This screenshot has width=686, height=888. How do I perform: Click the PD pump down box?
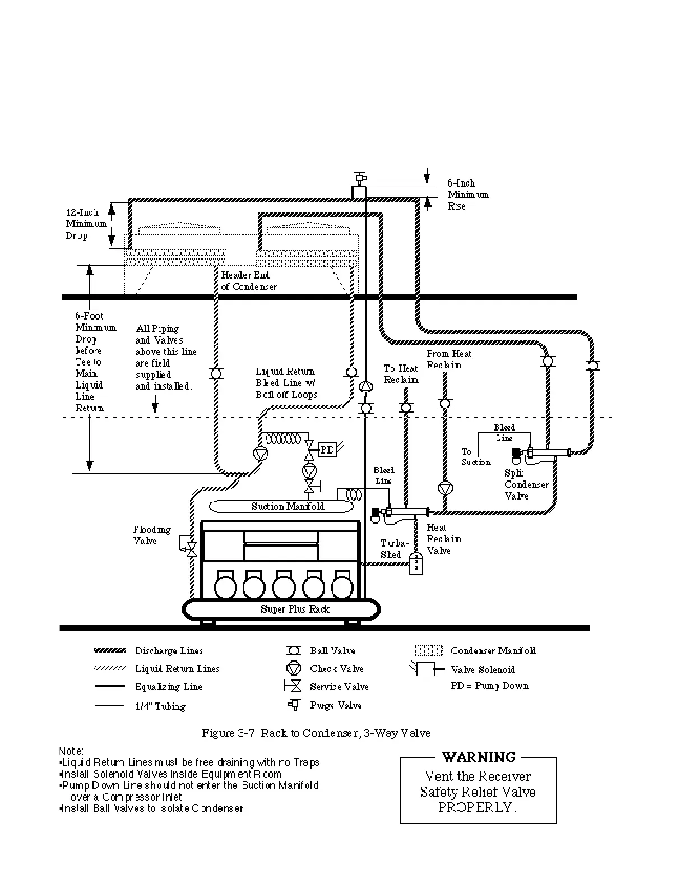[327, 450]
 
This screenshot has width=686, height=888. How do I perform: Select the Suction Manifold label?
[287, 507]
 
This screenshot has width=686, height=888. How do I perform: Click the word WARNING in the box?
[478, 757]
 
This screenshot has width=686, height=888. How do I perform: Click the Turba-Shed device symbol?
[416, 563]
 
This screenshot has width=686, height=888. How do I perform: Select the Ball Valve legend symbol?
[293, 651]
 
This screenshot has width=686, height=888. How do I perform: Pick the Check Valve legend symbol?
[293, 668]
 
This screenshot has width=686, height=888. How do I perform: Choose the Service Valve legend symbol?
[293, 686]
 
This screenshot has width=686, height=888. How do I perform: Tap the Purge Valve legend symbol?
[293, 705]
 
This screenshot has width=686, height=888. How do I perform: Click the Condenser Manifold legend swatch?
[429, 651]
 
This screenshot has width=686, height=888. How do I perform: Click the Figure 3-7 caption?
[316, 733]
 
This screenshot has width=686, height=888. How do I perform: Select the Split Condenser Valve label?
[526, 484]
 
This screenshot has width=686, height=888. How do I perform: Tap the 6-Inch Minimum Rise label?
[467, 195]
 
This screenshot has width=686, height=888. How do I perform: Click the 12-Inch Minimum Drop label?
[86, 224]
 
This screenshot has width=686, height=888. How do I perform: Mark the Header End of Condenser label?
[248, 281]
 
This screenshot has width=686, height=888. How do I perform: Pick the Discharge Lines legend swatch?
[110, 651]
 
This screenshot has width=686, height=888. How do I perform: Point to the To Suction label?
[475, 456]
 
